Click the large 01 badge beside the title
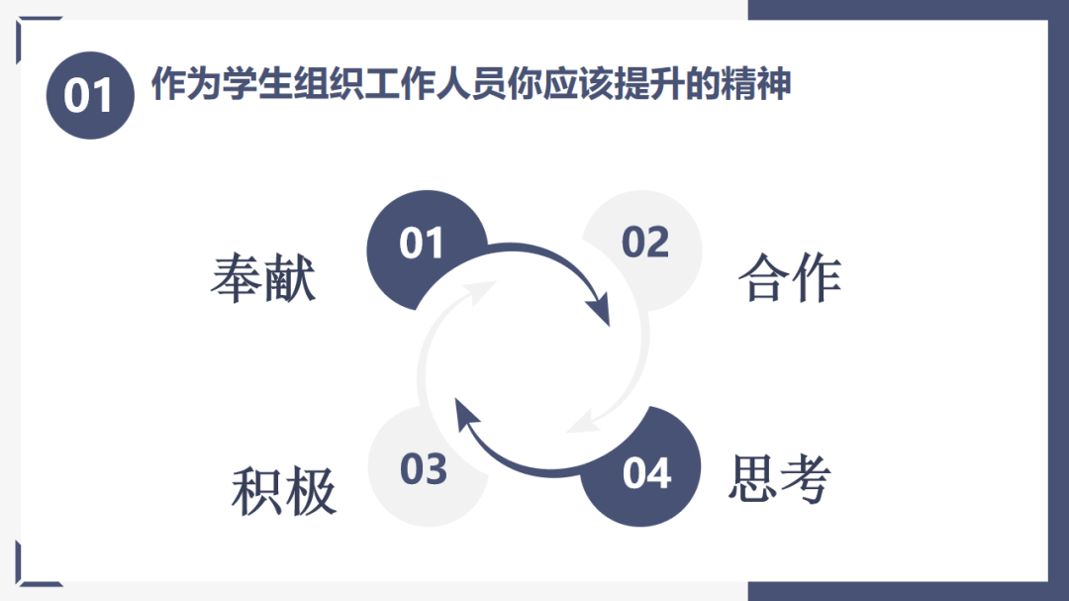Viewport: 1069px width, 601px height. [x=90, y=96]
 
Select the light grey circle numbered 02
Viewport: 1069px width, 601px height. [x=645, y=243]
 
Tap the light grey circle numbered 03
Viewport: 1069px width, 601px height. [x=424, y=469]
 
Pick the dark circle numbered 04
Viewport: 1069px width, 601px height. [x=646, y=473]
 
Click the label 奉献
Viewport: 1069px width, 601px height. [x=262, y=279]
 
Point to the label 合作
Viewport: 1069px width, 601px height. [x=789, y=279]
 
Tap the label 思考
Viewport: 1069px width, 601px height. [x=779, y=479]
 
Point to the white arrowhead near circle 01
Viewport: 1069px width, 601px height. [x=484, y=289]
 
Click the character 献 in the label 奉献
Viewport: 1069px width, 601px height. [x=290, y=279]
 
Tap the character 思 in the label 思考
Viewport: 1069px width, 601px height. [x=753, y=479]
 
